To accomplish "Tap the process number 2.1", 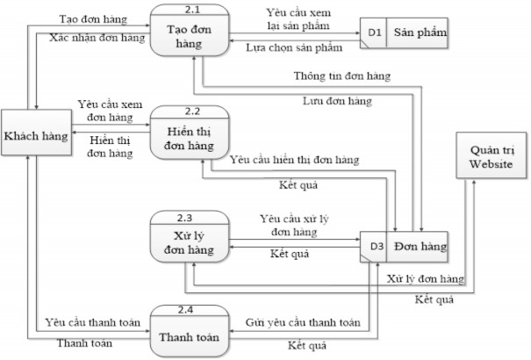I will point(189,11).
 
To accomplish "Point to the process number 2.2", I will point(189,112).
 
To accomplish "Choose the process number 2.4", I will point(189,308).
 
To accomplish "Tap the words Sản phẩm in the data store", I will point(419,34).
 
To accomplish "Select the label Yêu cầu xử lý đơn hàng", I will point(294,224).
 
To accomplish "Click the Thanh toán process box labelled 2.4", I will point(189,332).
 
